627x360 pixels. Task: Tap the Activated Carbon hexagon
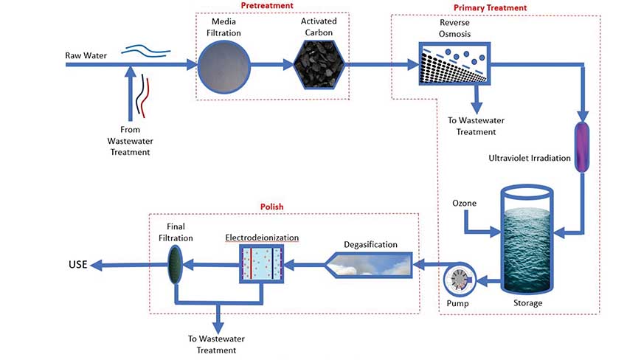point(318,65)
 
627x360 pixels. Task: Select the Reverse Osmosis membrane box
point(452,65)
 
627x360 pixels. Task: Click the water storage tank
point(527,236)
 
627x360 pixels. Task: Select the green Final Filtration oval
point(176,263)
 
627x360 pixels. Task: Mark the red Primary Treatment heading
point(490,7)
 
